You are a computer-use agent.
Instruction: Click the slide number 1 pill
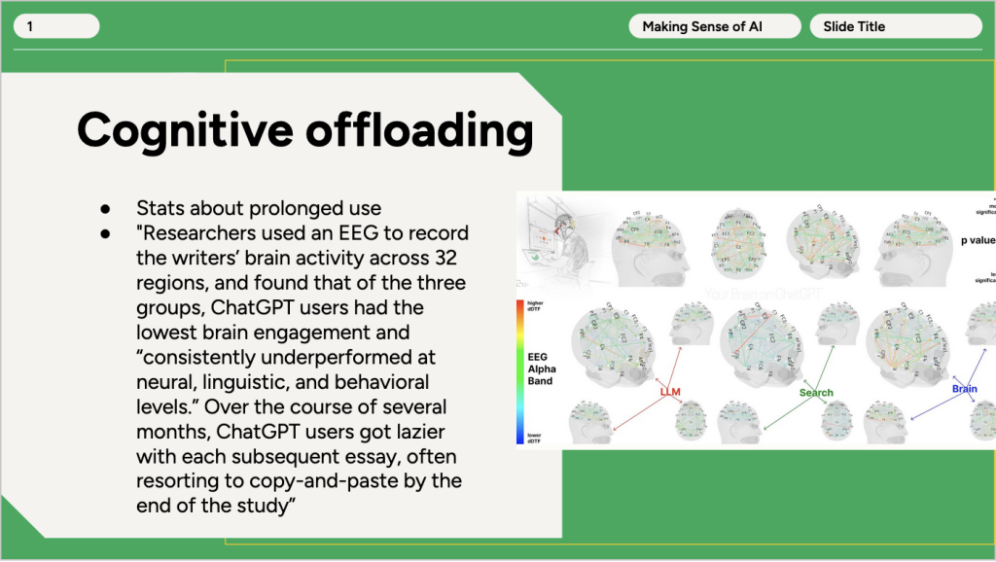[55, 26]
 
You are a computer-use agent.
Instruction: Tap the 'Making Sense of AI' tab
[715, 26]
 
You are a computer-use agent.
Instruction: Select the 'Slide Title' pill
[895, 26]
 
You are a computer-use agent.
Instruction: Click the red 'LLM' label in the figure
[670, 392]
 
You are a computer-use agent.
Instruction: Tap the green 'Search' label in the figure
[816, 393]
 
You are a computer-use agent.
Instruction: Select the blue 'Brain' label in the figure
[964, 388]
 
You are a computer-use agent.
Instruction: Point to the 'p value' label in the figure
[977, 239]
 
